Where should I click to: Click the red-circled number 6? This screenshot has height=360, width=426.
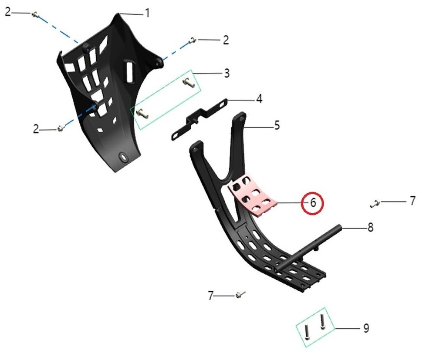point(313,203)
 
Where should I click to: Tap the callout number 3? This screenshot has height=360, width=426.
point(227,73)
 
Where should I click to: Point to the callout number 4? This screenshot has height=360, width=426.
point(260,99)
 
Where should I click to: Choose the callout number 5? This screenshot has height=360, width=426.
point(277,125)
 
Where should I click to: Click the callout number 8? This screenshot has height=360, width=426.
point(370,228)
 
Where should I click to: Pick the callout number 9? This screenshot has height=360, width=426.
point(366,328)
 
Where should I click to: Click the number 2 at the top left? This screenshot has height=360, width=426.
point(8,12)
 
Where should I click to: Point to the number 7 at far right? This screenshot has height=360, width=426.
point(412,201)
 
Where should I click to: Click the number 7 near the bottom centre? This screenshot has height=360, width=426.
point(211,296)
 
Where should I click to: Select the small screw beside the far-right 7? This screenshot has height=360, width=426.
point(375,203)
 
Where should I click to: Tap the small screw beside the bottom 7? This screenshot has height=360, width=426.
point(240,294)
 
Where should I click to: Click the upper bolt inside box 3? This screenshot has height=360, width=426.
point(189,82)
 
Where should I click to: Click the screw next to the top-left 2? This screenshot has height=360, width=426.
point(35,14)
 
